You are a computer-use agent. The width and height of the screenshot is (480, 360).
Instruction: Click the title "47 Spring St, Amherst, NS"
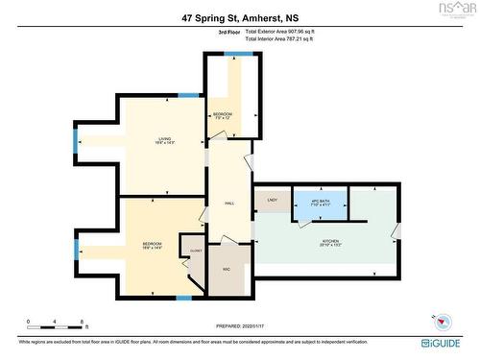(x=240, y=17)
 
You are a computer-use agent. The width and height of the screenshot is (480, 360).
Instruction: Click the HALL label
(x=229, y=203)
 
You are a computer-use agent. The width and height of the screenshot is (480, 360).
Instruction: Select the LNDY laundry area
(x=272, y=201)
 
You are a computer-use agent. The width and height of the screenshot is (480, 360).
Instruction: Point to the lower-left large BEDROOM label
(x=152, y=245)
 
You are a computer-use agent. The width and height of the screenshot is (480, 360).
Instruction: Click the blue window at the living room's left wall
(x=76, y=141)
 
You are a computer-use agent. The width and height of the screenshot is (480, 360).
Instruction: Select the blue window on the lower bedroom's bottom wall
(x=183, y=299)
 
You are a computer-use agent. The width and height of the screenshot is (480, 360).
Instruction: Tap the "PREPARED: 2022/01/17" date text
(x=239, y=324)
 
